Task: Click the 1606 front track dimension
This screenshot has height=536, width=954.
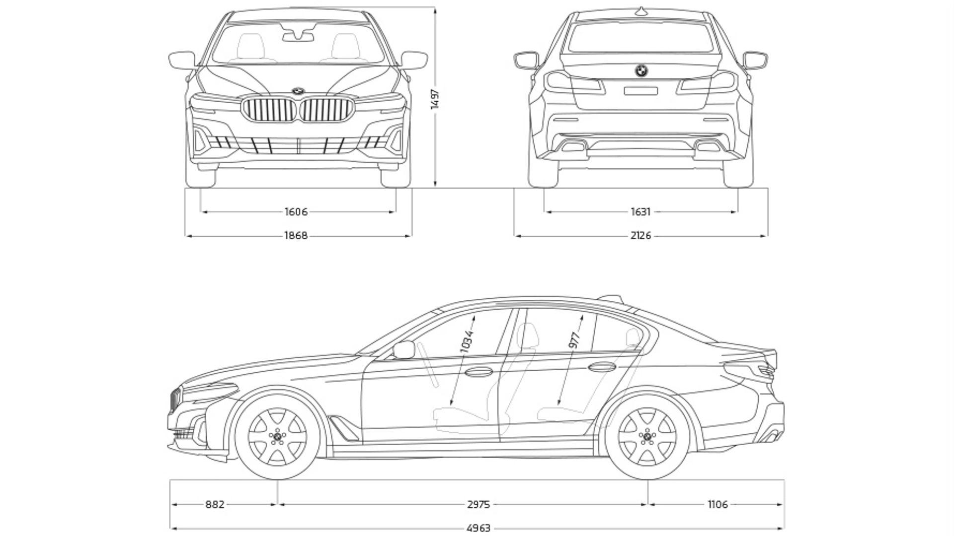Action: [x=296, y=212]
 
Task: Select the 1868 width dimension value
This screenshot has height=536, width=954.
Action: [x=296, y=236]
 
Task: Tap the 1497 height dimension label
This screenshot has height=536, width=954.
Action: [x=435, y=99]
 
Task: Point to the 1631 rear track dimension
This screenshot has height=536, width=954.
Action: [x=640, y=212]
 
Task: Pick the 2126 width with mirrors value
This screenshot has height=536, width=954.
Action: [x=640, y=236]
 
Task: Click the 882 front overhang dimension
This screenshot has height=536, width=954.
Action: [x=215, y=505]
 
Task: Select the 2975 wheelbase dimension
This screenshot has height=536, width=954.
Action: [x=478, y=505]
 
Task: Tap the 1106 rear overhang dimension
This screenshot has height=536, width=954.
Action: [x=717, y=505]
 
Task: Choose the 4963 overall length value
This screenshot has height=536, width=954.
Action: [x=478, y=528]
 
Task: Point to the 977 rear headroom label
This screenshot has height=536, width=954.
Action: [x=575, y=340]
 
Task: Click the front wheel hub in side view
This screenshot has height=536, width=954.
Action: [x=277, y=436]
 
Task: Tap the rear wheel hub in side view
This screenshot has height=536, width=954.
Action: [x=647, y=436]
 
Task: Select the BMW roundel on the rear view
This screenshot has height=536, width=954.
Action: [x=641, y=71]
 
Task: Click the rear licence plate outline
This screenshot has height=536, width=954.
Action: [x=641, y=90]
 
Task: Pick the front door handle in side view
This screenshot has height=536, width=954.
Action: [x=478, y=370]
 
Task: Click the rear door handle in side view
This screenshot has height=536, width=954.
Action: [x=602, y=367]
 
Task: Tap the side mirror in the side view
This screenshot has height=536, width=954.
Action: [x=403, y=349]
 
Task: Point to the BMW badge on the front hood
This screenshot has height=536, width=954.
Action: [x=298, y=91]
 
